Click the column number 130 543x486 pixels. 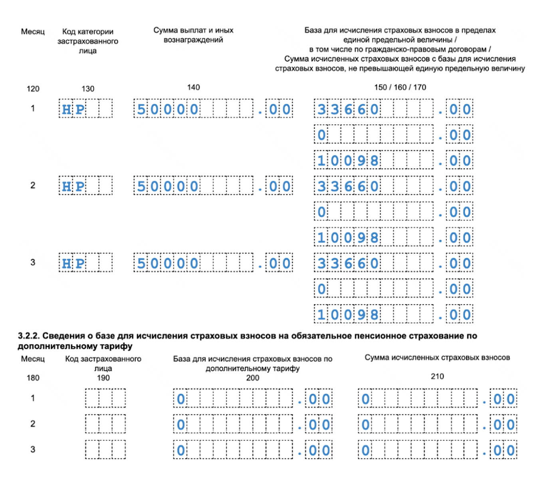click(88, 89)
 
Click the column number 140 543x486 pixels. click(193, 87)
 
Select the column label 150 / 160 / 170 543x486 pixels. click(400, 87)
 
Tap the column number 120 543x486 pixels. click(33, 89)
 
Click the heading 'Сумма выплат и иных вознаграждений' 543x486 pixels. click(193, 35)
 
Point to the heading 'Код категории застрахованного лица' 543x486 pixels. click(88, 41)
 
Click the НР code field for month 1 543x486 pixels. click(85, 109)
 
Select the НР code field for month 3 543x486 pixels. click(85, 263)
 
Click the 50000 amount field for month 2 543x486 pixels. click(213, 186)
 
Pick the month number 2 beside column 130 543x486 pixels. click(33, 185)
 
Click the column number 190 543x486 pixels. click(103, 378)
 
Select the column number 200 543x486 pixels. click(252, 378)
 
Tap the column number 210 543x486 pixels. click(437, 376)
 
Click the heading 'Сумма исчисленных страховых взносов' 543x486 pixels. click(437, 357)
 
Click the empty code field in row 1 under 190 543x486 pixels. click(105, 398)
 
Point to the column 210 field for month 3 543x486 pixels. click(437, 450)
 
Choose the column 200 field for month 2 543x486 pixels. click(252, 424)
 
